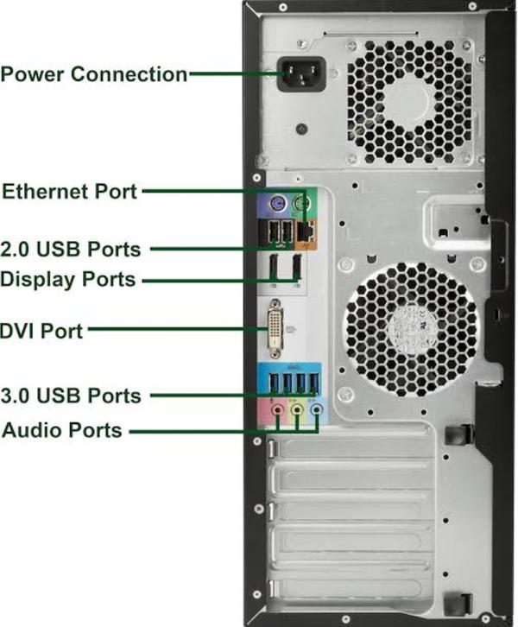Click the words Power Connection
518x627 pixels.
click(94, 74)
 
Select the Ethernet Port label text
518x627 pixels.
click(69, 191)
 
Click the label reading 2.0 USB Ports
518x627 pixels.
click(71, 250)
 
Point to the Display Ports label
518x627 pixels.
click(68, 279)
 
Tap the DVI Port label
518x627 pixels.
click(42, 330)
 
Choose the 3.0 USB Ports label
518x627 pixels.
click(71, 396)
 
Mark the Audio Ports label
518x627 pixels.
click(61, 429)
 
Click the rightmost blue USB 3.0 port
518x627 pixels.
click(318, 384)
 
